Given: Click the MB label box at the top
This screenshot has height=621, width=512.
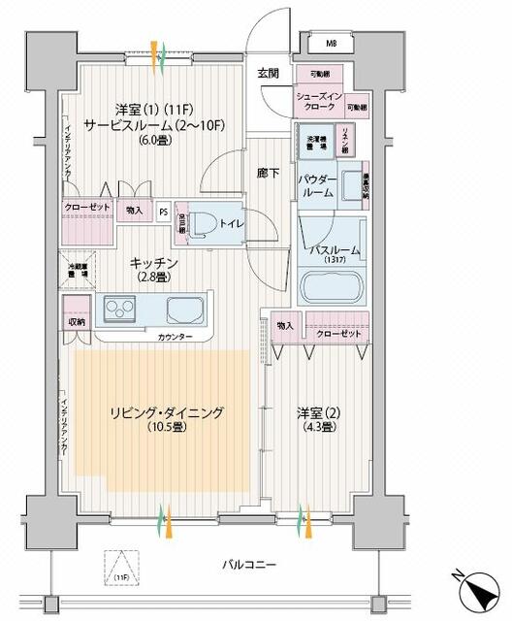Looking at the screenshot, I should coord(332,44).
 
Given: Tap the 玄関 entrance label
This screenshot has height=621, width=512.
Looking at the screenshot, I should coord(269,73).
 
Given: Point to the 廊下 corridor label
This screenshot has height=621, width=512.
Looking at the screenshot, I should coord(269,174).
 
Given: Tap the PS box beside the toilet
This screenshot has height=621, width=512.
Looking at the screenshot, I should coord(164,210).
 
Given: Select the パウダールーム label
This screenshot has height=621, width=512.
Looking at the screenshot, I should coord(320,186).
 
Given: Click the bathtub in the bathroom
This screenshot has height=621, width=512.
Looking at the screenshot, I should coord(331,288).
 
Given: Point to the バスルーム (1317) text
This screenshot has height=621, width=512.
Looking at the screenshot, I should coord(336,254).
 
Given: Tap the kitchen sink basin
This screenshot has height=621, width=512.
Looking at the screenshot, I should coord(185,311).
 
